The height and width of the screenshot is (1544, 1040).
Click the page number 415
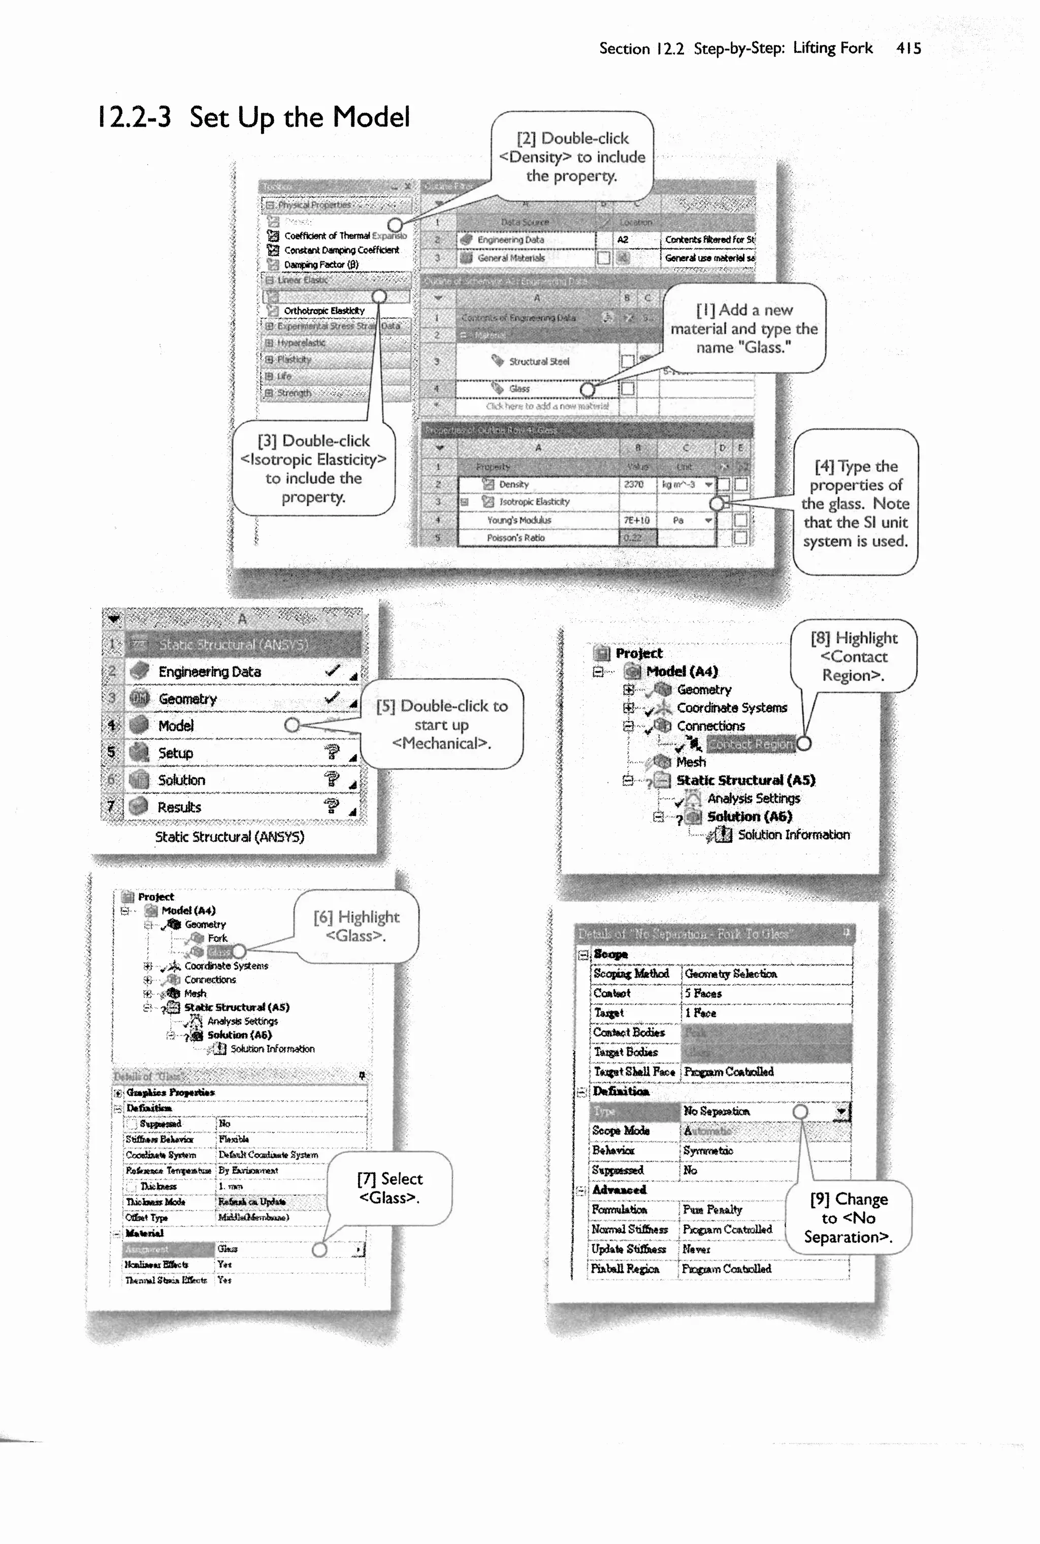pyautogui.click(x=908, y=48)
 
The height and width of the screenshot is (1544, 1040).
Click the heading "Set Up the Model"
pyautogui.click(x=299, y=117)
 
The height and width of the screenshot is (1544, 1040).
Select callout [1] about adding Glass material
pyautogui.click(x=743, y=328)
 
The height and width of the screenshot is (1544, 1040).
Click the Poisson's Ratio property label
pyautogui.click(x=515, y=538)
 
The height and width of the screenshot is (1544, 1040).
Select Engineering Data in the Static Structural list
pyautogui.click(x=210, y=672)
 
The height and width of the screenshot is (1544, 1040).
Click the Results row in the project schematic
pyautogui.click(x=179, y=807)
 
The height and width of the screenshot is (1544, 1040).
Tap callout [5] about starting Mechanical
pyautogui.click(x=442, y=724)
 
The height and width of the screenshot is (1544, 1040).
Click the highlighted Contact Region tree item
pyautogui.click(x=750, y=744)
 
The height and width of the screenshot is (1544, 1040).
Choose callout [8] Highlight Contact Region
pyautogui.click(x=854, y=656)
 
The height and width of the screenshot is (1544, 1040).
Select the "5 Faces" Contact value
pyautogui.click(x=703, y=993)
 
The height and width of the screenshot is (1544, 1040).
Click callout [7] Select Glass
pyautogui.click(x=389, y=1188)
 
